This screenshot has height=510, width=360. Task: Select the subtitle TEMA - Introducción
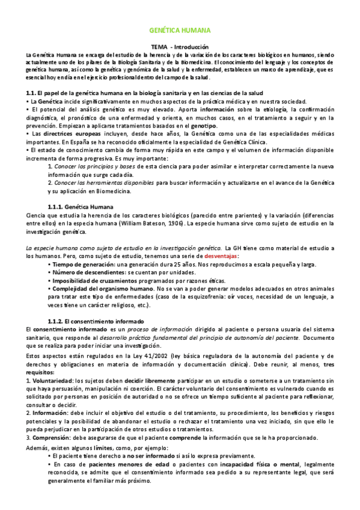tap(180, 47)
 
